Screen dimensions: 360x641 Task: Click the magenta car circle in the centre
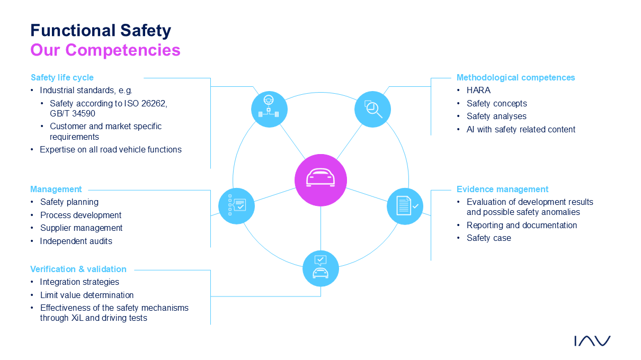(320, 180)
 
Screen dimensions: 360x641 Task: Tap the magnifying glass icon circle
(372, 109)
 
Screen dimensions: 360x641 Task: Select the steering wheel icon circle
(269, 109)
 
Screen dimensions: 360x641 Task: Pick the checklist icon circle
(236, 206)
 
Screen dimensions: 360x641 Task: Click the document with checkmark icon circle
(405, 206)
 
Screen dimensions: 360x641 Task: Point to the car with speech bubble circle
(320, 268)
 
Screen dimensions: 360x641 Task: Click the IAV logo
(592, 340)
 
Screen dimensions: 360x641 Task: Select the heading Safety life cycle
(62, 77)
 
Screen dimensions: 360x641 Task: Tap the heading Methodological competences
(515, 77)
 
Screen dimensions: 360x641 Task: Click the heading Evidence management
(502, 189)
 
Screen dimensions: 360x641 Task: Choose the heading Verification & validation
(78, 269)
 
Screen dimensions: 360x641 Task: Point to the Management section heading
(56, 189)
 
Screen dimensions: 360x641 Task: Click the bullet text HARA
(478, 90)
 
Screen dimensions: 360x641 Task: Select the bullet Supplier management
(81, 228)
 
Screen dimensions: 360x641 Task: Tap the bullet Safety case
(488, 238)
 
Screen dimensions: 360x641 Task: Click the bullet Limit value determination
(87, 295)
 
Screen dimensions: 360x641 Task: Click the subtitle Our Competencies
(105, 50)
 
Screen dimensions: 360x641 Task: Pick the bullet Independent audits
(76, 241)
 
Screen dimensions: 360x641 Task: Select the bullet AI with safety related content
(521, 129)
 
